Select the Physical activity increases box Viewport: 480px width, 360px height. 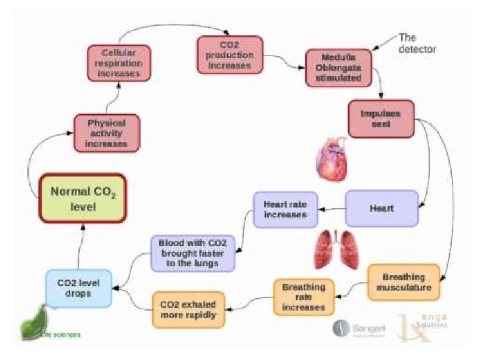pyautogui.click(x=107, y=132)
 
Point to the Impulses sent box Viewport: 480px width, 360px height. pyautogui.click(x=381, y=119)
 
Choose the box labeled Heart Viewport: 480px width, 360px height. pyautogui.click(x=381, y=208)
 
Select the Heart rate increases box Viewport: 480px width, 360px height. pyautogui.click(x=285, y=209)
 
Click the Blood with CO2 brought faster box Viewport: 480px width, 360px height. pyautogui.click(x=193, y=253)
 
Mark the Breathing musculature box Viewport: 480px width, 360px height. pyautogui.click(x=404, y=282)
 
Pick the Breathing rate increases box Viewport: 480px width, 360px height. pyautogui.click(x=303, y=297)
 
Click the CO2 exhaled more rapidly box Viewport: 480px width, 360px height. pyautogui.click(x=188, y=309)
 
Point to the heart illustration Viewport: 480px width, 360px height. pyautogui.click(x=331, y=159)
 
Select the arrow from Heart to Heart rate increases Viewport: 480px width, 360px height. pyautogui.click(x=331, y=209)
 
